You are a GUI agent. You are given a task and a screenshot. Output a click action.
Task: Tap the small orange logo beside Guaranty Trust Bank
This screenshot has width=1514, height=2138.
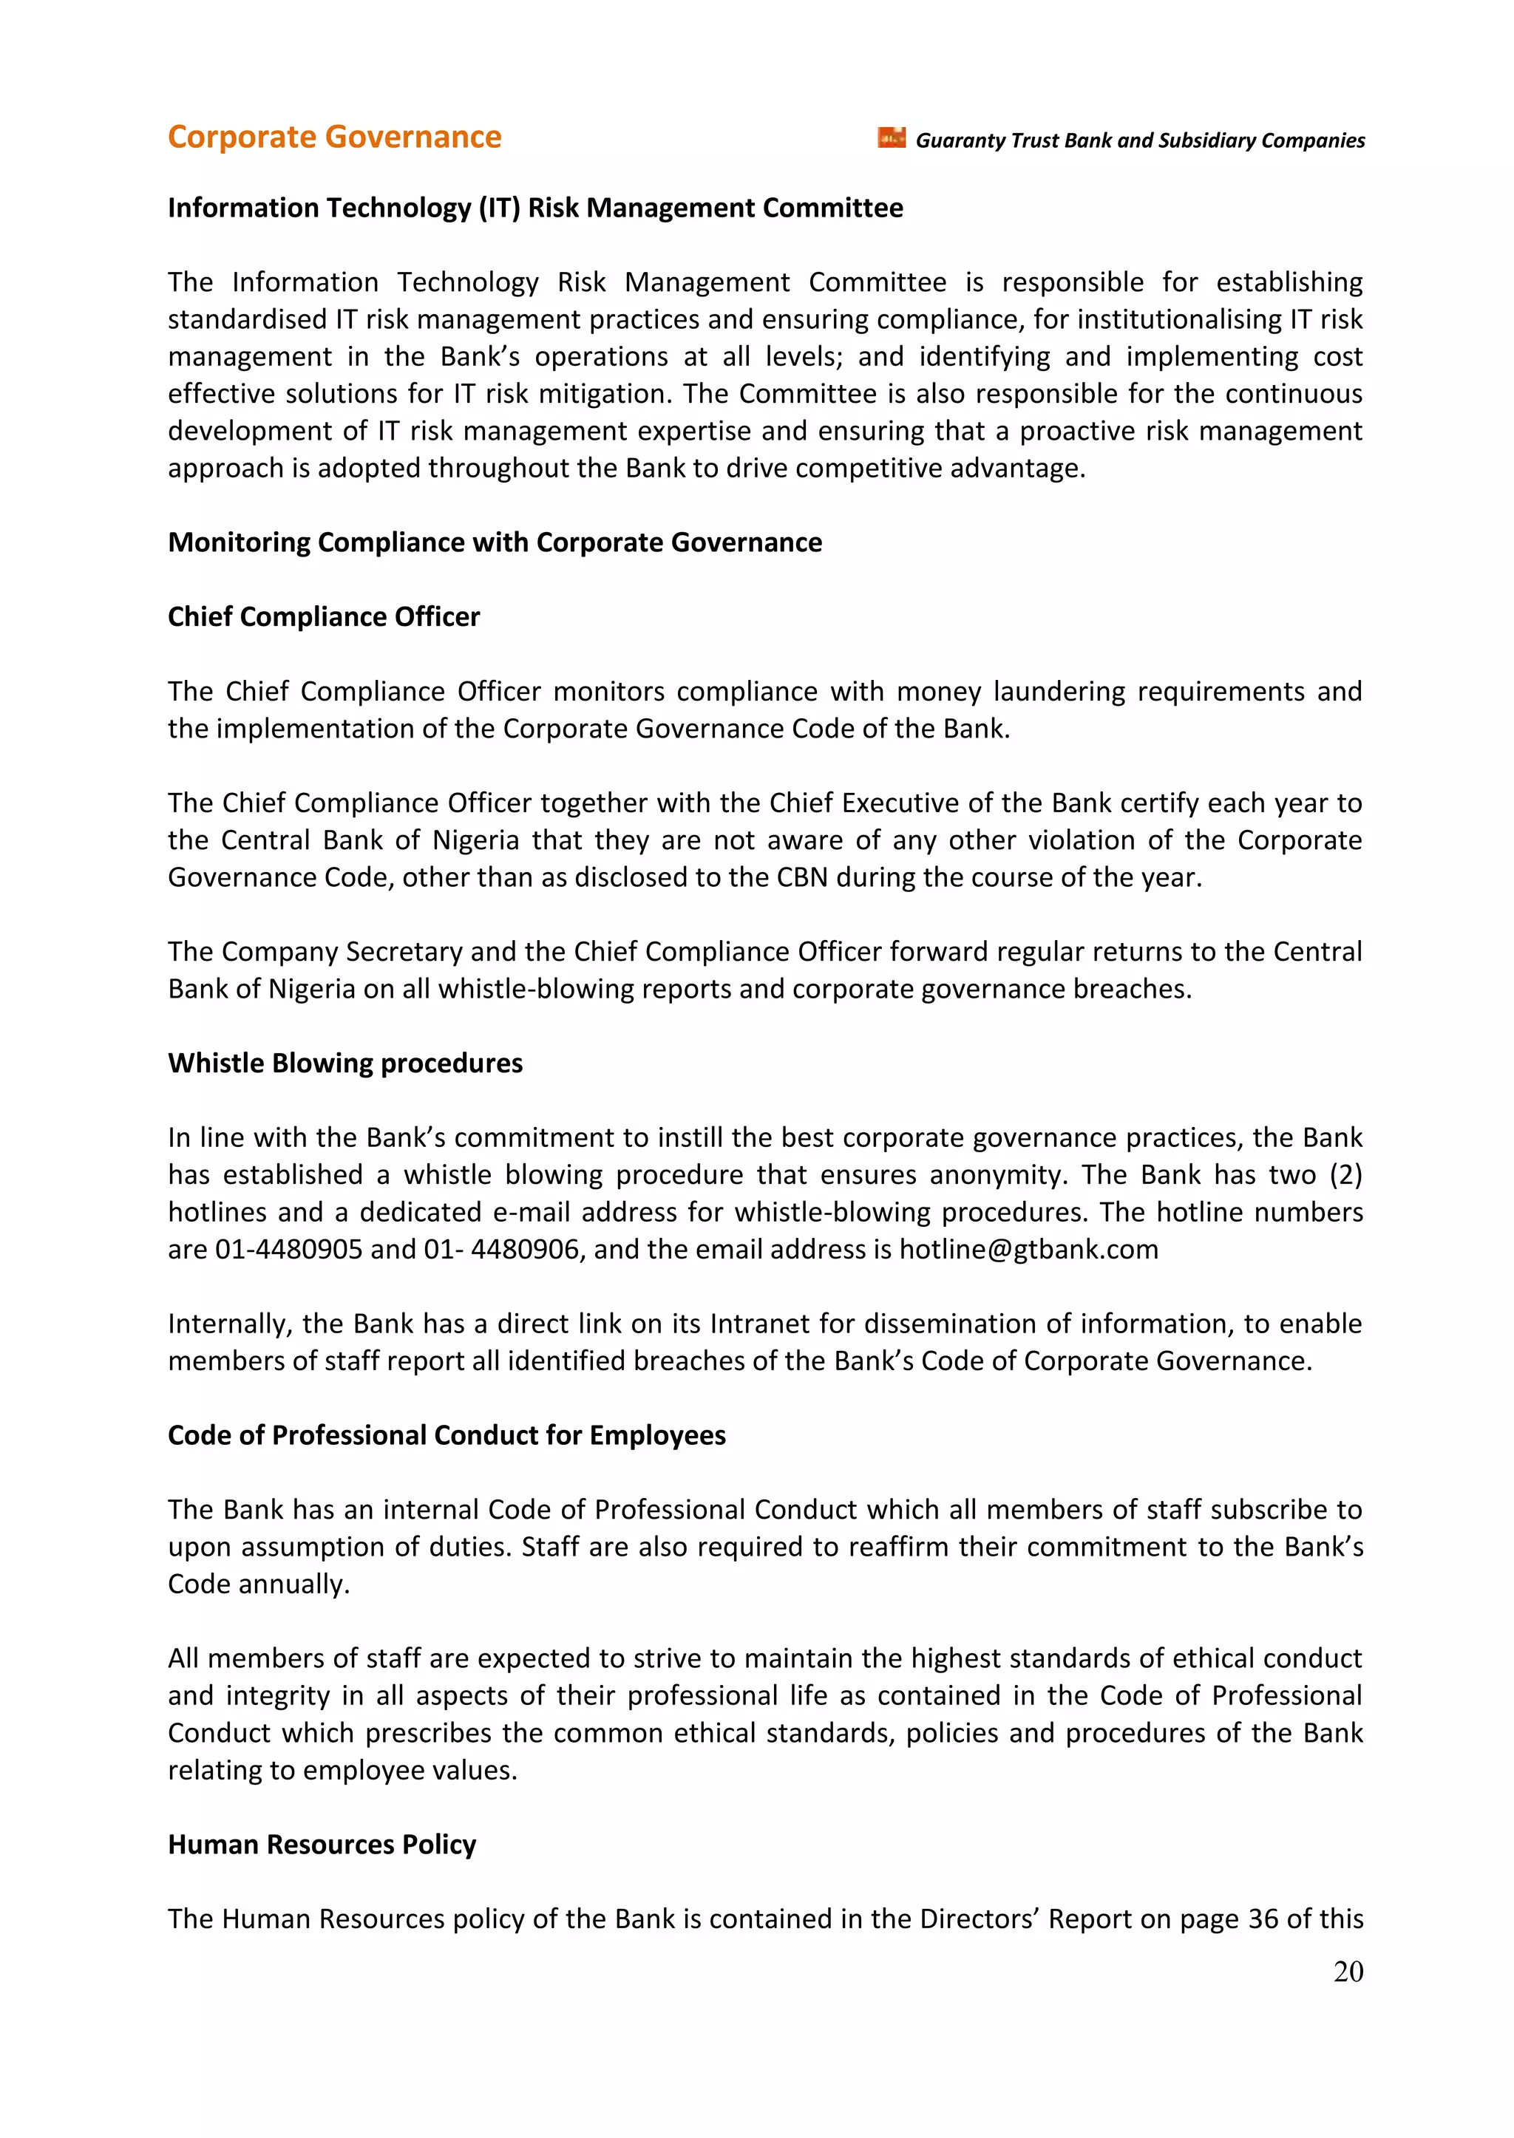(x=892, y=138)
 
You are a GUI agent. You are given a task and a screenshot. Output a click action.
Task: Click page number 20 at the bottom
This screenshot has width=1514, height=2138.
(x=1348, y=1971)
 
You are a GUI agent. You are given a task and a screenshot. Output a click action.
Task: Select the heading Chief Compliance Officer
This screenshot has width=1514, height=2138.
(x=324, y=617)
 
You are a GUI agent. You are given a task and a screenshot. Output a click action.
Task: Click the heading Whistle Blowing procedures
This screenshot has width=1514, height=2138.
(x=345, y=1063)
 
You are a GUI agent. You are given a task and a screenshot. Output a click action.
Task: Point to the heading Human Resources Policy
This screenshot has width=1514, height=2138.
(x=322, y=1845)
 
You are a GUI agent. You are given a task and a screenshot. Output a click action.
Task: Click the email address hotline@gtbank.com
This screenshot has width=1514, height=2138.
(x=1028, y=1249)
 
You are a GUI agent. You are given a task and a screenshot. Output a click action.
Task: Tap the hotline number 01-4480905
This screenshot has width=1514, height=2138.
(x=289, y=1249)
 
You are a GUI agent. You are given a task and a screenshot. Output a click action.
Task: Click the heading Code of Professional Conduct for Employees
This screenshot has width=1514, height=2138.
(x=447, y=1435)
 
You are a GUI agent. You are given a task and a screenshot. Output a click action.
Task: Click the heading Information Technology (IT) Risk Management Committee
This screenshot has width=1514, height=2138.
(x=535, y=208)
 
